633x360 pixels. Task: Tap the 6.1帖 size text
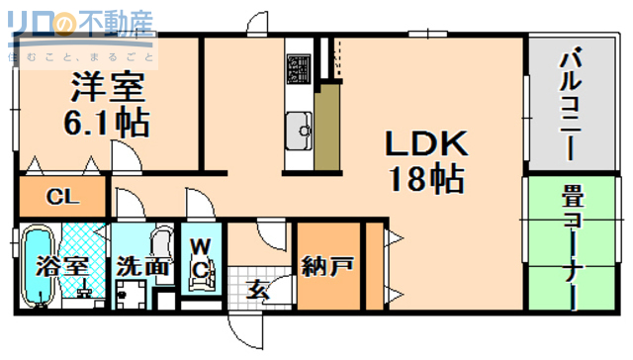pos(108,123)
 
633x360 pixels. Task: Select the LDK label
pos(425,145)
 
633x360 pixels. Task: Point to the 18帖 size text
pos(426,179)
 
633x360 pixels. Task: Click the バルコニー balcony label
pos(571,99)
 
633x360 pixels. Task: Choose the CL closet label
pos(60,196)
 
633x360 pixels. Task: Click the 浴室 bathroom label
pos(61,266)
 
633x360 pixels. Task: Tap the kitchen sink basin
pos(298,127)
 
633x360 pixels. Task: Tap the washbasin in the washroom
pos(161,242)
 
